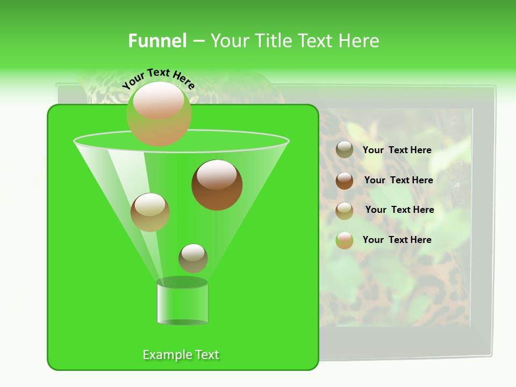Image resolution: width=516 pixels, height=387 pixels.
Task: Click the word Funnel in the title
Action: pos(157,41)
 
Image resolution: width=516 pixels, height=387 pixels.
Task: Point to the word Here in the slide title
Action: pos(360,41)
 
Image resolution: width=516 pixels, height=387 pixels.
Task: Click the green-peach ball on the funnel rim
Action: pos(159,113)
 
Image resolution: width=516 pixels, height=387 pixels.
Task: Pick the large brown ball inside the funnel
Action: pos(217,184)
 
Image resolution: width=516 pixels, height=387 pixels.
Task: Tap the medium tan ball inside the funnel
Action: pos(150,212)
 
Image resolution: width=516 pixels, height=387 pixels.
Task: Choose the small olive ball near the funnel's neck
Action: pos(193,258)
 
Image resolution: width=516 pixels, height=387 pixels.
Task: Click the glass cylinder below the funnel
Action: pos(182,304)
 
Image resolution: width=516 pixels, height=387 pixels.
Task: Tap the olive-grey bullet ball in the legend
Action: pos(345,149)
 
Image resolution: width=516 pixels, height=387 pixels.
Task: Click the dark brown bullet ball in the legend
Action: pos(345,180)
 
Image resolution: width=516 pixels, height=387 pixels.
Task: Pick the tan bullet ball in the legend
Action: pos(345,210)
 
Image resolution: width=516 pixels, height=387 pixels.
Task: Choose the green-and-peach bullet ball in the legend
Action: pos(345,240)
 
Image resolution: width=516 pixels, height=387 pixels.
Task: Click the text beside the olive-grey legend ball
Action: pos(397,150)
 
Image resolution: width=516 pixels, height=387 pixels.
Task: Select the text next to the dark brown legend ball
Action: pos(398,180)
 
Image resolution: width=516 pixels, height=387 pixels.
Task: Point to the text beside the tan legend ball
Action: pos(399,210)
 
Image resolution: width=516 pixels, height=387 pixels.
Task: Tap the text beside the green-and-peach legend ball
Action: pos(397,240)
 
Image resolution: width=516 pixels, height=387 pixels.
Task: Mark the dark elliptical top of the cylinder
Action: pos(182,282)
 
